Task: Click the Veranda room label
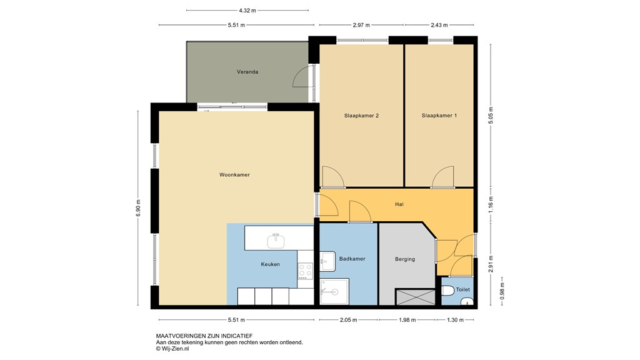(247, 72)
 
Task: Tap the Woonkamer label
(234, 175)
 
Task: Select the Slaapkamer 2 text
(361, 116)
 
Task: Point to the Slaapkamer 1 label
(439, 116)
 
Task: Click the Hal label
(399, 204)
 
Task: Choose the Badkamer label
(352, 258)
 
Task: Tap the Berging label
(405, 259)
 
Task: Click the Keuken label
(270, 264)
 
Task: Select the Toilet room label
(462, 290)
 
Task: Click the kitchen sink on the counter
(276, 240)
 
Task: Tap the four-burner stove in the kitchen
(305, 270)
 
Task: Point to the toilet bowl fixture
(448, 291)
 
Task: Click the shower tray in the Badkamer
(334, 291)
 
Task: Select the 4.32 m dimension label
(247, 11)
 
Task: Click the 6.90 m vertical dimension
(139, 208)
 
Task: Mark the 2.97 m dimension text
(361, 25)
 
